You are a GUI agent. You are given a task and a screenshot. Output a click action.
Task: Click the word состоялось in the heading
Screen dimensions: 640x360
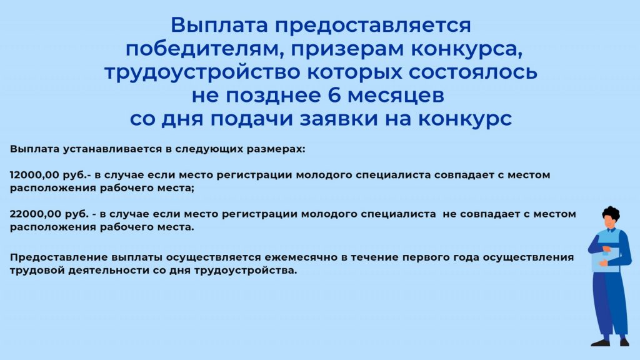coord(472,72)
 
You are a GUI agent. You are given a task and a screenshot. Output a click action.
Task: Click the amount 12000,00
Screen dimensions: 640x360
coord(34,175)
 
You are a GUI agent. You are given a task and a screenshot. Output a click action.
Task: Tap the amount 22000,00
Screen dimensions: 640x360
coord(34,214)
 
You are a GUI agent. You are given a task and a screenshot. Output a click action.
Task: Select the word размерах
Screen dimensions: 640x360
coord(275,149)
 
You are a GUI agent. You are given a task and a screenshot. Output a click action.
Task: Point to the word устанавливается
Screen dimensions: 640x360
coord(112,149)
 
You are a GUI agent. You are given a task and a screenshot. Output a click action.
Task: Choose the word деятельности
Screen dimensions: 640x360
coord(109,271)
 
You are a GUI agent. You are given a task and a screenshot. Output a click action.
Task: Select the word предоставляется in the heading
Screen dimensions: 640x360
coord(372,25)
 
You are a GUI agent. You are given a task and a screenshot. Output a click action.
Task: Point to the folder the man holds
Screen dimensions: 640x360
coord(605,259)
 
